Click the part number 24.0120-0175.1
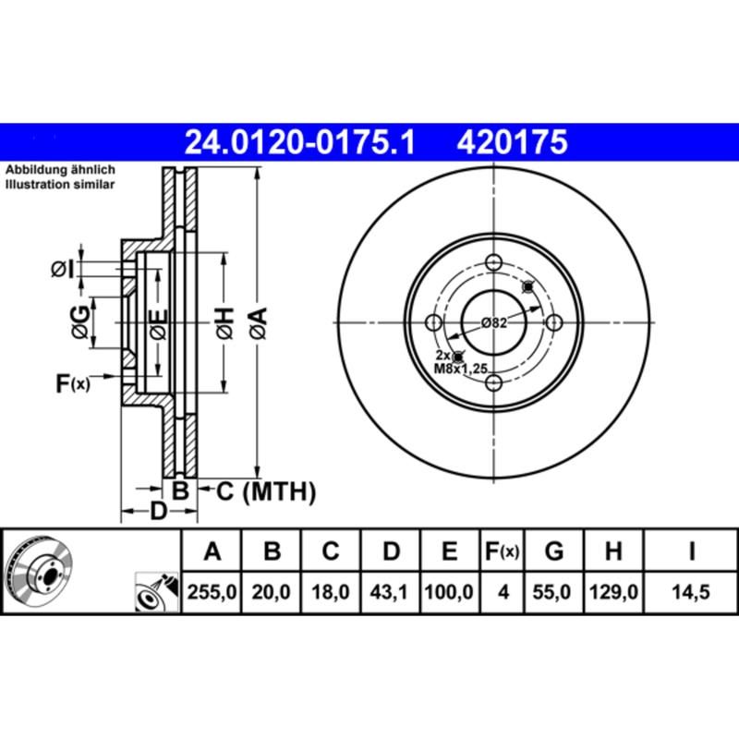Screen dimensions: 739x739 click(301, 142)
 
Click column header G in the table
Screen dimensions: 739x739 click(553, 551)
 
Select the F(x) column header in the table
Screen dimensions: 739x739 click(503, 551)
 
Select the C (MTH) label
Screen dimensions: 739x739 click(266, 491)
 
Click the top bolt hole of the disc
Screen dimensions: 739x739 click(493, 260)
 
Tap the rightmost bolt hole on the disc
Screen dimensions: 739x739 click(554, 321)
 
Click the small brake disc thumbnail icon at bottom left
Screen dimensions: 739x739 click(41, 573)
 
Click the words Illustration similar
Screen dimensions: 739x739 click(61, 185)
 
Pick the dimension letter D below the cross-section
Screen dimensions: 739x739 click(158, 511)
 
